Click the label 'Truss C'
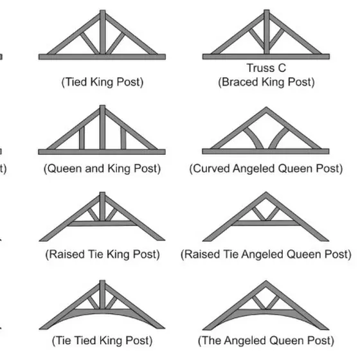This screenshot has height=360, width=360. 266,68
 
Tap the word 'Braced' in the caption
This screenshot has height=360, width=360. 238,82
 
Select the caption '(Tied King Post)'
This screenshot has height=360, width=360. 102,82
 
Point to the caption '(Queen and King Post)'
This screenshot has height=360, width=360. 102,168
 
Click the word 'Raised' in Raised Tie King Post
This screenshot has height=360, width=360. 65,255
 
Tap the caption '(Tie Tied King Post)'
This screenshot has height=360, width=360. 102,341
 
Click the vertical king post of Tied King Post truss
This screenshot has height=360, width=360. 103,32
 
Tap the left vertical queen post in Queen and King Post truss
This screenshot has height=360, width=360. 82,138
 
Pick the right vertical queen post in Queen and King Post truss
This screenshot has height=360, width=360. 123,138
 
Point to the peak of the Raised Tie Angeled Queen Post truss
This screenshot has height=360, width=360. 266,192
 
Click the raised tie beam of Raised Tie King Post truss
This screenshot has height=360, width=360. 102,223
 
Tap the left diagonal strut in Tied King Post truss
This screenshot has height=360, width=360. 89,44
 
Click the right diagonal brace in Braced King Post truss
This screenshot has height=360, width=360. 276,39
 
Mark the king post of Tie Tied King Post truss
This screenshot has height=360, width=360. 102,295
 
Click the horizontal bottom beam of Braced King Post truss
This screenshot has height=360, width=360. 266,57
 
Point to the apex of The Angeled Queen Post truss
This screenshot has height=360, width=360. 266,282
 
